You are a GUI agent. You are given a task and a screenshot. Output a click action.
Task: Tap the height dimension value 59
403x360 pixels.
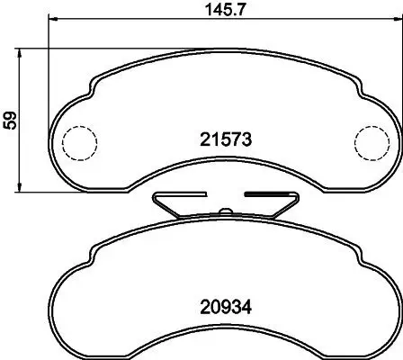coord(11,121)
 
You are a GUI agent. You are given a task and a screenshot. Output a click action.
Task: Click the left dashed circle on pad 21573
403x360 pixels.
coord(79,140)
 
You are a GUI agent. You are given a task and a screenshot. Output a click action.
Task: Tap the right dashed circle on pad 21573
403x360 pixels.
coord(370,140)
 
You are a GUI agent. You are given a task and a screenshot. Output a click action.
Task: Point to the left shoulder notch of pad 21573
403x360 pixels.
coord(93,90)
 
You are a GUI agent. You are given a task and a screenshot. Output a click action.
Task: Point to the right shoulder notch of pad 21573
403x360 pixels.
coord(357,90)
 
